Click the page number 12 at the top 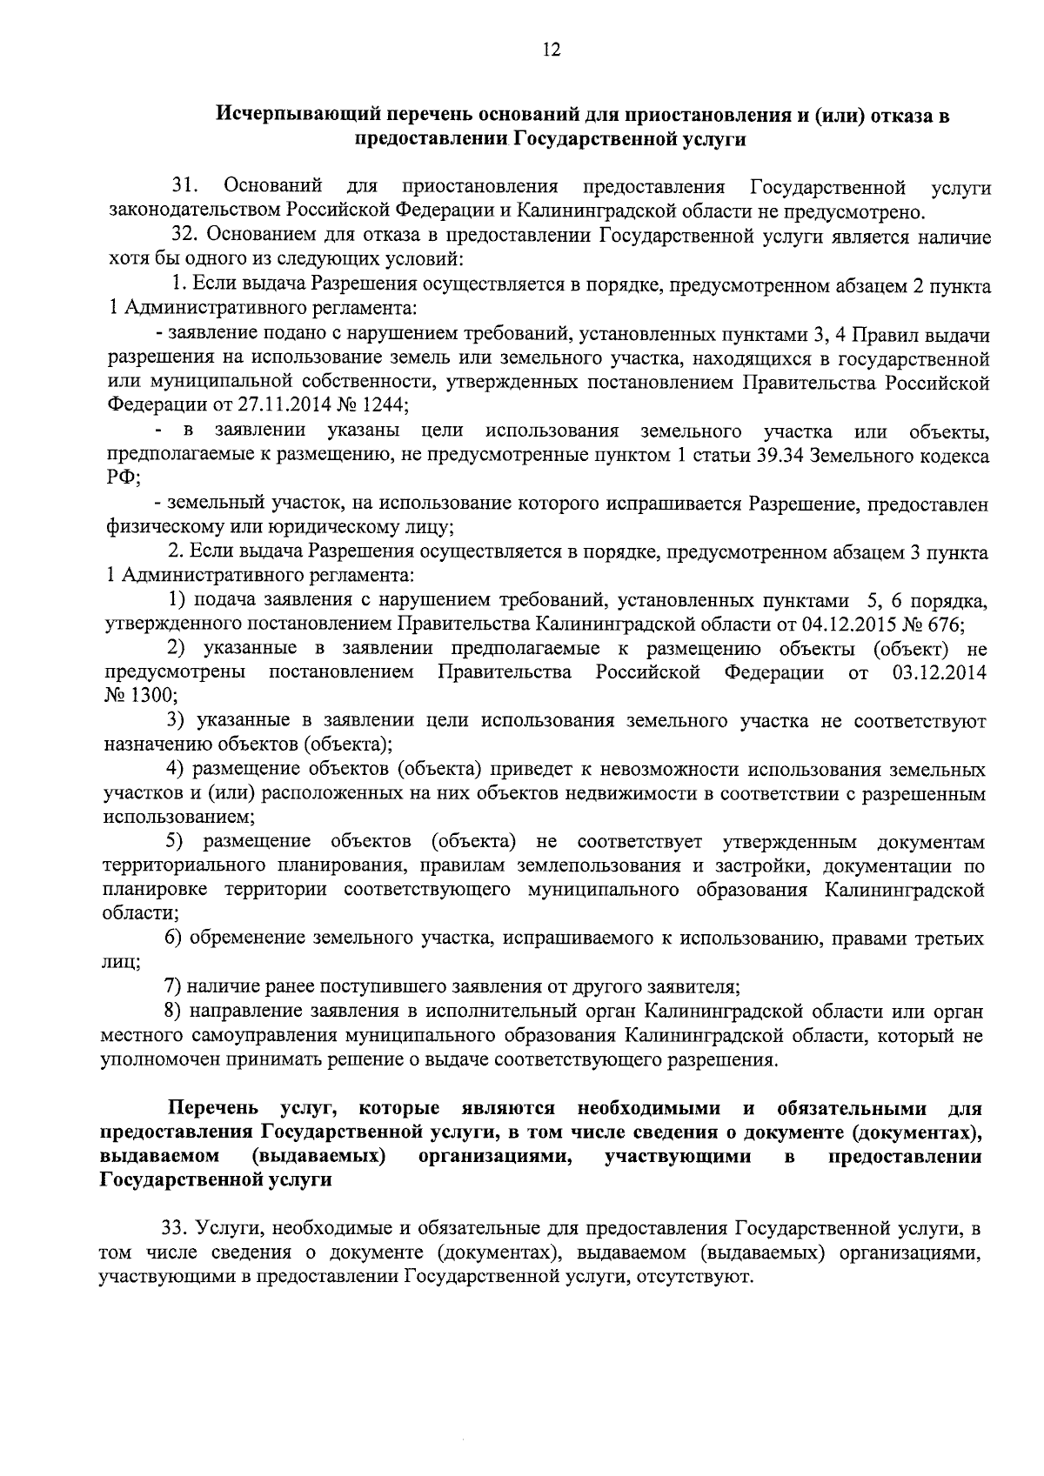coord(552,50)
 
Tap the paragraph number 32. coord(186,236)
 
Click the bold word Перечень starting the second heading coord(213,1108)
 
